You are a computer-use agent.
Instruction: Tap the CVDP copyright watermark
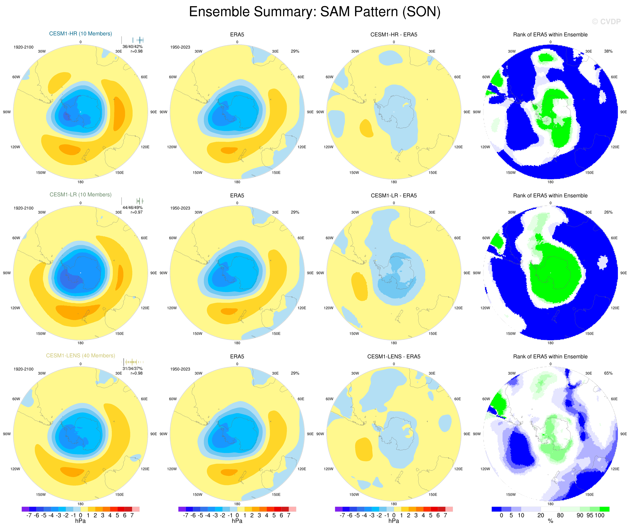click(606, 22)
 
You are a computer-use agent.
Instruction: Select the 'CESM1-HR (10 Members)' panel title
click(80, 34)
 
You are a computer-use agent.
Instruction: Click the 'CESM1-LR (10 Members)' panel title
click(80, 194)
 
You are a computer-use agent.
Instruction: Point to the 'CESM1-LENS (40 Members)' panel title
click(80, 356)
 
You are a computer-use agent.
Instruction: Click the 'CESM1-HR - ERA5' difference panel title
click(394, 35)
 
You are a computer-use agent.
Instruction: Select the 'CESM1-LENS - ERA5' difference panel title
click(394, 356)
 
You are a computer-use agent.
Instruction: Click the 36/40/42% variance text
click(132, 46)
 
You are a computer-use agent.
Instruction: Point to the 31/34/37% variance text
click(132, 369)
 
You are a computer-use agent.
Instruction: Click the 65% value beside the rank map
click(608, 373)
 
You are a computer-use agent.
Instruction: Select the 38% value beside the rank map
click(608, 51)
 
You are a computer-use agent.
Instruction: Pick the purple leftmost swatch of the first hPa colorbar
click(25, 509)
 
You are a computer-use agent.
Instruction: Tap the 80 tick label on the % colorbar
click(560, 515)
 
